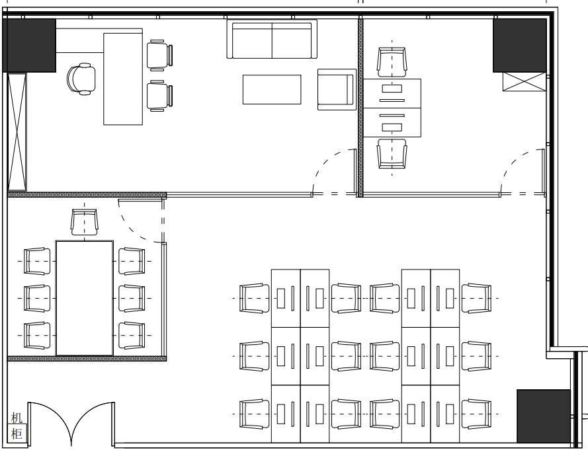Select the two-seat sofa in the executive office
[272, 40]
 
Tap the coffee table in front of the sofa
[272, 90]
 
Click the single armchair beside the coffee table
[337, 90]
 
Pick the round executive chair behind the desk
[81, 79]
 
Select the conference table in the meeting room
[85, 298]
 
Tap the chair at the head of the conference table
[85, 222]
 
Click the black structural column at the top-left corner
[29, 46]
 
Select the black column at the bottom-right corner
[544, 416]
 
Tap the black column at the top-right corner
[519, 46]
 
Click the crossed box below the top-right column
[525, 82]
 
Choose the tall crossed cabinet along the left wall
[17, 132]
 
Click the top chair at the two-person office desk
[392, 62]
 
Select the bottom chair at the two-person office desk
[392, 154]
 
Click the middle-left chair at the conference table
[37, 298]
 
